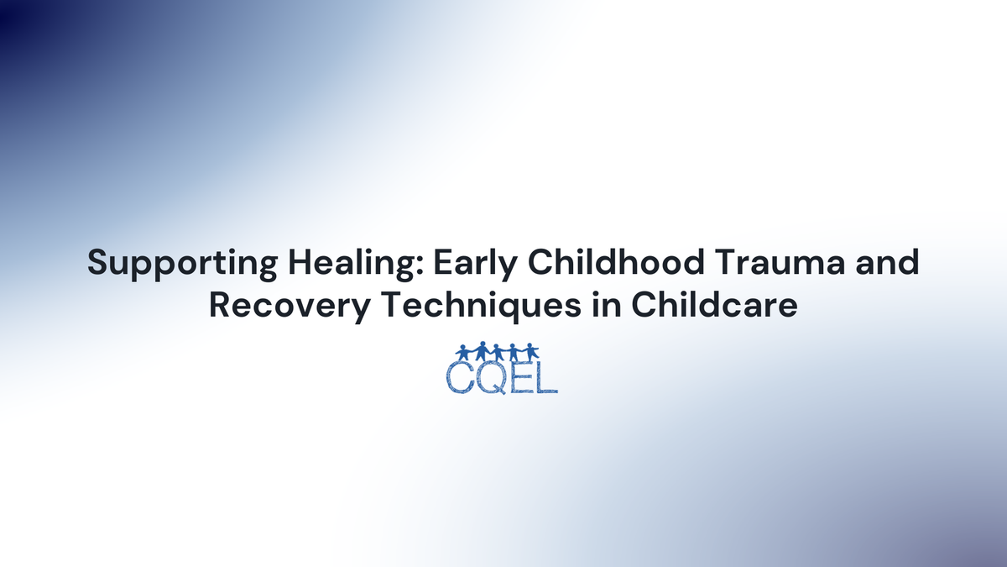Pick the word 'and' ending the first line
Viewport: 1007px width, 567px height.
coord(888,263)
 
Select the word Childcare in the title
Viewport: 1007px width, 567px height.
coord(713,305)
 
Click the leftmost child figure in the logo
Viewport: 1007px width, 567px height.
coord(464,350)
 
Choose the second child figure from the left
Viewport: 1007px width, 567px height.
coord(481,350)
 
